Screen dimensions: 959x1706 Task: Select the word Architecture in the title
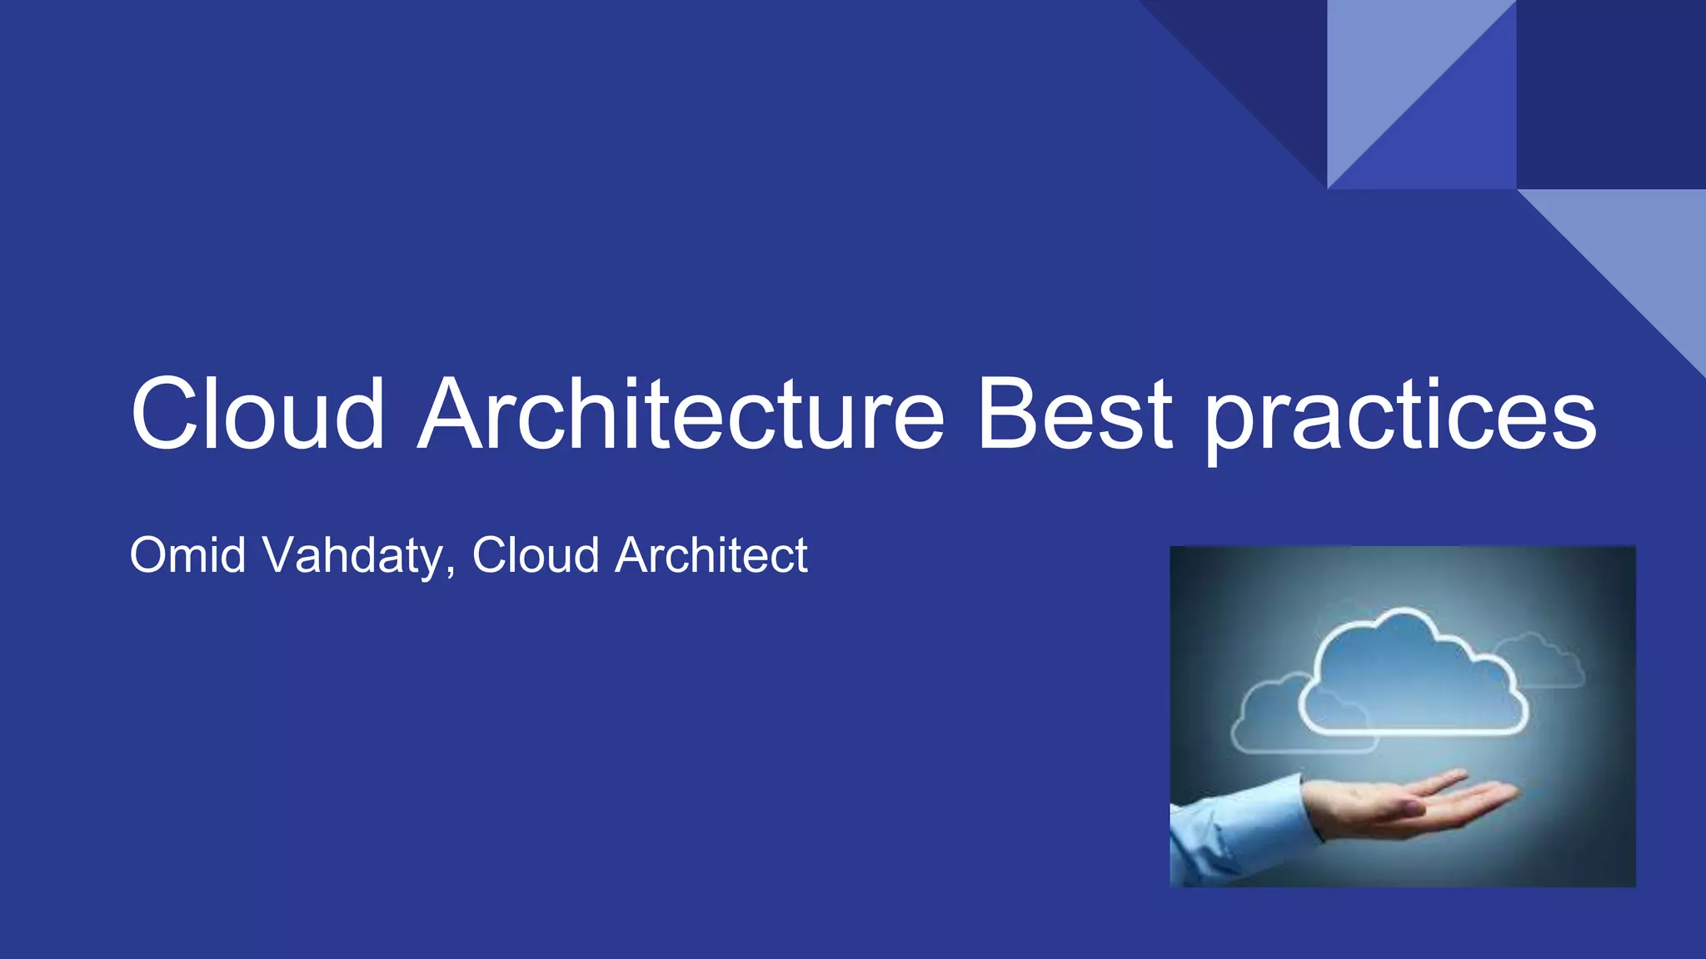tap(681, 414)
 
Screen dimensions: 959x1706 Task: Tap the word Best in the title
tap(1075, 414)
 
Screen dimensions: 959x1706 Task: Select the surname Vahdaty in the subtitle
tap(355, 556)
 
